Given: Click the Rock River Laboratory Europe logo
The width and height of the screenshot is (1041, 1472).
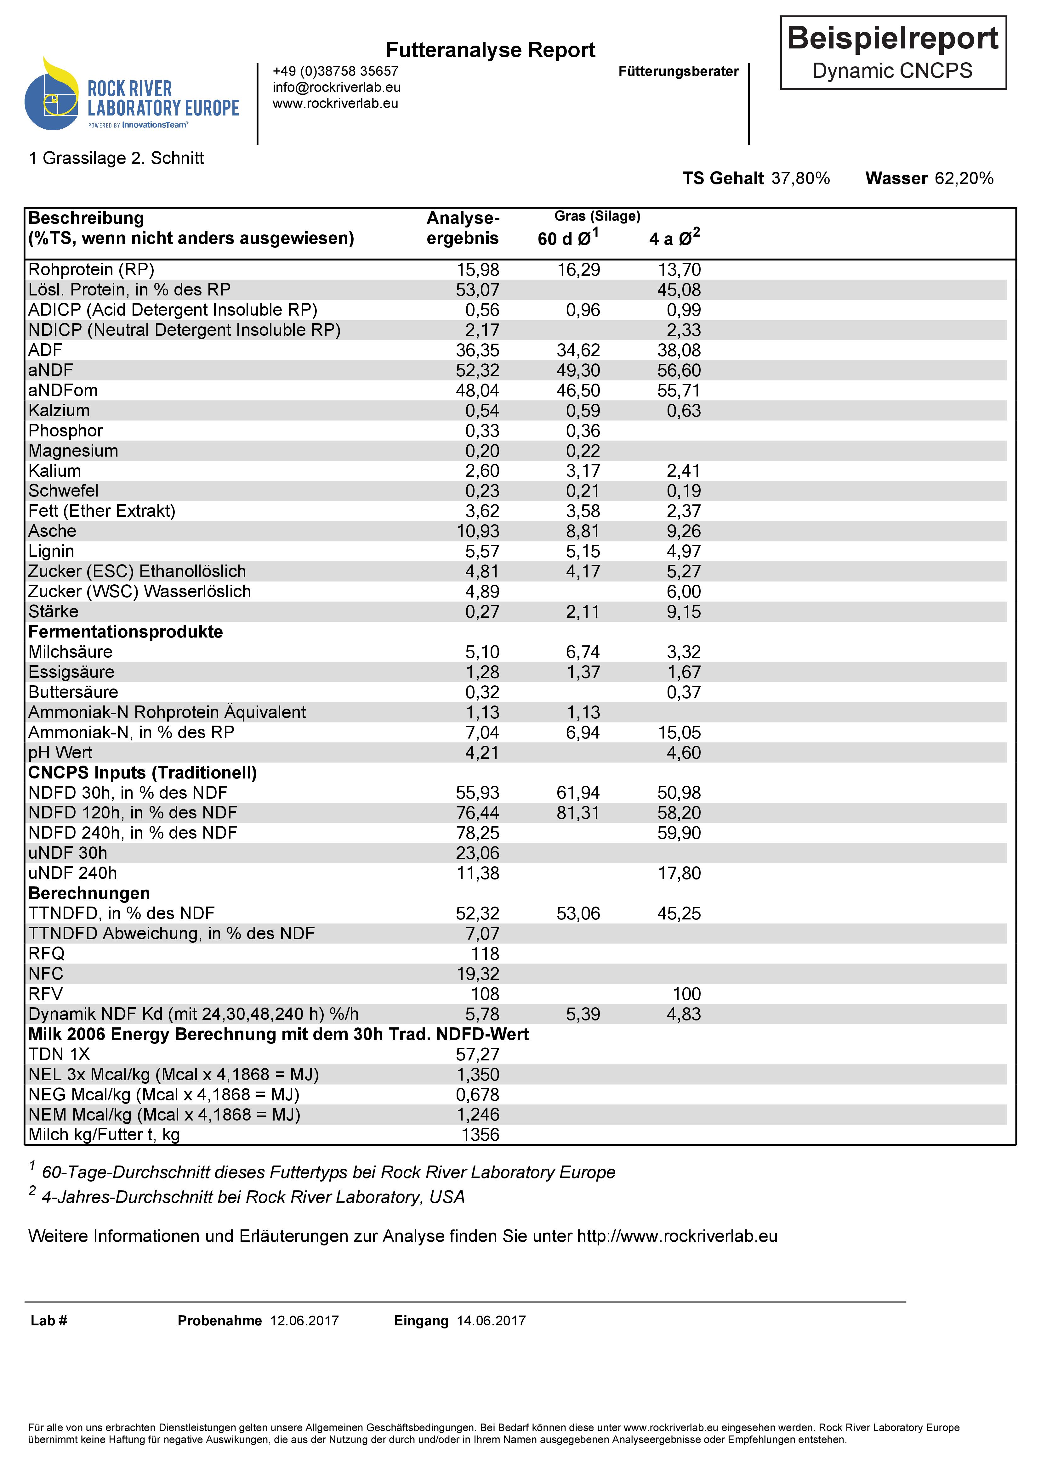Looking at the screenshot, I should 132,96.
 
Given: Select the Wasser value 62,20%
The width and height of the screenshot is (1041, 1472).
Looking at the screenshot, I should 964,178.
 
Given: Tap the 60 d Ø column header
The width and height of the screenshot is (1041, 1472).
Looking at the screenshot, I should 568,239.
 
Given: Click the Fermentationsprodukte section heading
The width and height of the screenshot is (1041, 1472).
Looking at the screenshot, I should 126,632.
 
